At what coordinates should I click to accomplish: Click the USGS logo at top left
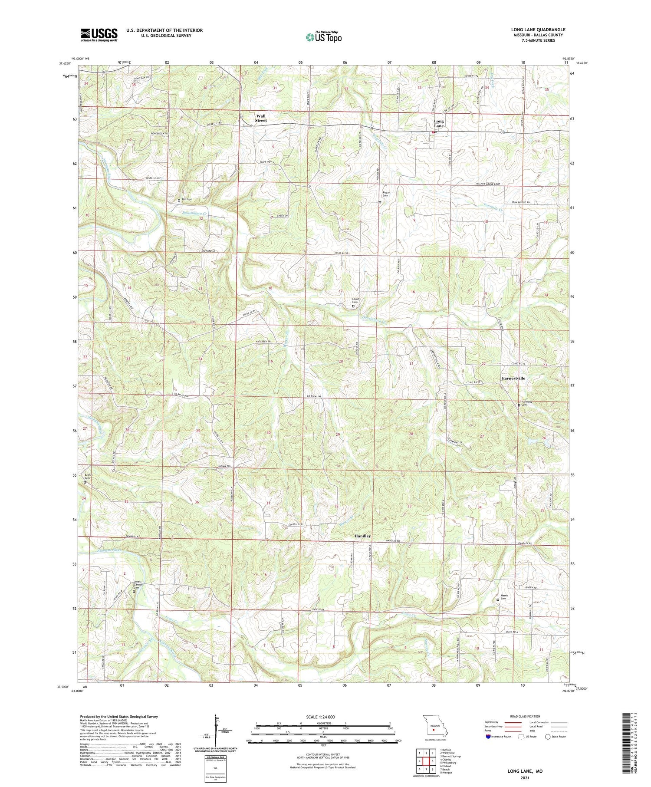click(x=99, y=35)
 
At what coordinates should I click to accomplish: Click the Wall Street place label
click(x=261, y=118)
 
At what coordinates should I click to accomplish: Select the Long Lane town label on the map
click(x=439, y=124)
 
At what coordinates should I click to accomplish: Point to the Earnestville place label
click(x=513, y=378)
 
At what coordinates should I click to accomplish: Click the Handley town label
click(x=362, y=536)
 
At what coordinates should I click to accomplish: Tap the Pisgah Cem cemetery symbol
click(x=380, y=202)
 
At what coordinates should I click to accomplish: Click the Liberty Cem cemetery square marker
click(x=352, y=306)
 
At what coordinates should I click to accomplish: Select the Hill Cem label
click(x=187, y=200)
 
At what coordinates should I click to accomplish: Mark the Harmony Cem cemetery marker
click(x=519, y=405)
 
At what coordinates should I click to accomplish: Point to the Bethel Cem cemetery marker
click(x=85, y=482)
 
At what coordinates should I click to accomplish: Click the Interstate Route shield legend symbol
click(x=488, y=737)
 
